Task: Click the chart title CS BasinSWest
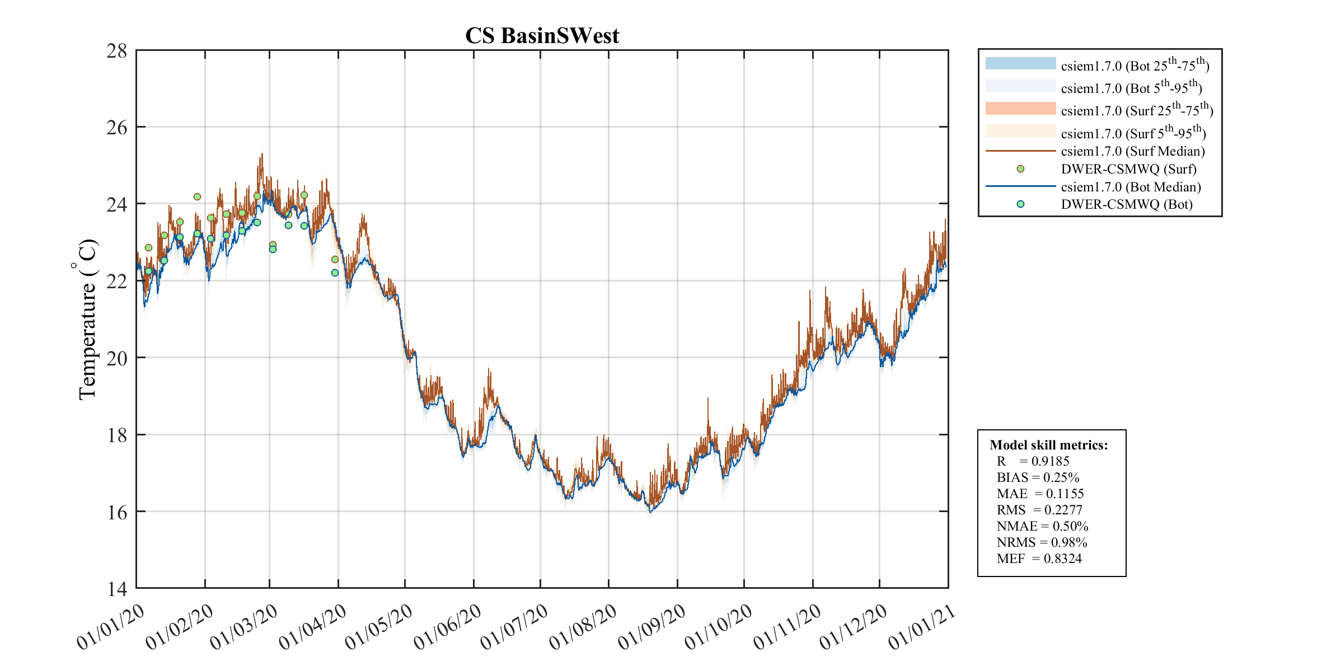(x=542, y=36)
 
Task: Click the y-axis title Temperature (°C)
(x=86, y=319)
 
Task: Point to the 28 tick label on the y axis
(x=117, y=51)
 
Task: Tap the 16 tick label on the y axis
(x=117, y=512)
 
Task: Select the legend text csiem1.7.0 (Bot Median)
(x=1131, y=187)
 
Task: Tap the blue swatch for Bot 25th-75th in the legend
(x=1020, y=63)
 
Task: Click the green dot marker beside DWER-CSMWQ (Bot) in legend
(x=1020, y=204)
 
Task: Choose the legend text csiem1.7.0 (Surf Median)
(x=1133, y=151)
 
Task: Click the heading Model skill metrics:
(x=1048, y=445)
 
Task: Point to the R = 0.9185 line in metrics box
(x=1033, y=461)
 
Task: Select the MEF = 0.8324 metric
(x=1039, y=559)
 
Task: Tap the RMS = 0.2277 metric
(x=1039, y=510)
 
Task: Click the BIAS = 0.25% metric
(x=1038, y=477)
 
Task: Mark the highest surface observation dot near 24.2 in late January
(x=197, y=196)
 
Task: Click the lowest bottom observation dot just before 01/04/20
(x=335, y=273)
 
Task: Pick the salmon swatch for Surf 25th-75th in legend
(x=1020, y=109)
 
